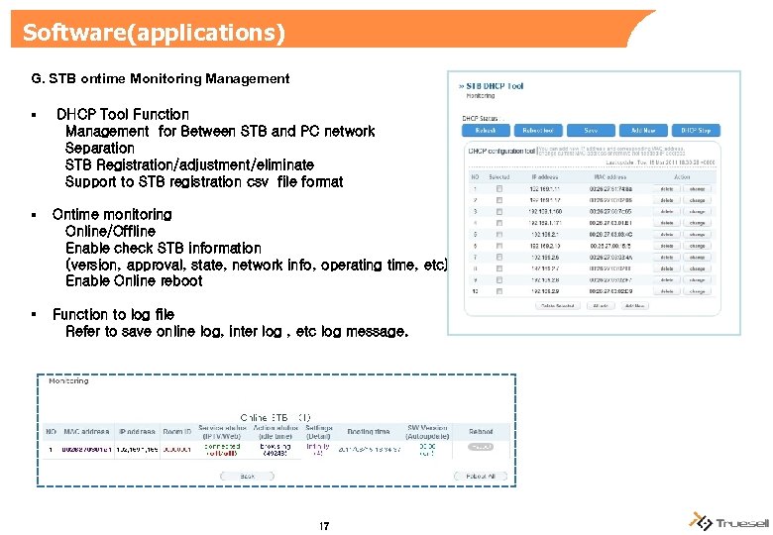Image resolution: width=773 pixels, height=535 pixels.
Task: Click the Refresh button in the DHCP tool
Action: click(x=486, y=130)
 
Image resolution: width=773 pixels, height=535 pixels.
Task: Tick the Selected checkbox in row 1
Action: click(x=500, y=188)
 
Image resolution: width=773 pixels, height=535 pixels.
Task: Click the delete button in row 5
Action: click(x=666, y=235)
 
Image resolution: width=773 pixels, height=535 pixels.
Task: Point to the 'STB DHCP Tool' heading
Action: click(x=491, y=86)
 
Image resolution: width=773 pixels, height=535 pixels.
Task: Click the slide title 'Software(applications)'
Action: click(x=154, y=33)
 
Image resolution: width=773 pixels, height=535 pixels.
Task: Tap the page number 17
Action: click(x=324, y=525)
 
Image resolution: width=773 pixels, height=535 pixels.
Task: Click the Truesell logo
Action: click(x=727, y=522)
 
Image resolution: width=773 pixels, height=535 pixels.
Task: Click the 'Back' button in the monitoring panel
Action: click(x=249, y=476)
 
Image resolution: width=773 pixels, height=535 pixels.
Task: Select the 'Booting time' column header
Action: click(x=368, y=432)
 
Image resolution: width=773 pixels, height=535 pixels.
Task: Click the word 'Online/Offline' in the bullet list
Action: click(x=110, y=231)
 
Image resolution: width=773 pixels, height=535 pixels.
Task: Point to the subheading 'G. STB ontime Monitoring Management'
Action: click(x=161, y=78)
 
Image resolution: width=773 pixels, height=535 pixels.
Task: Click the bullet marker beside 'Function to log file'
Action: click(x=34, y=314)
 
